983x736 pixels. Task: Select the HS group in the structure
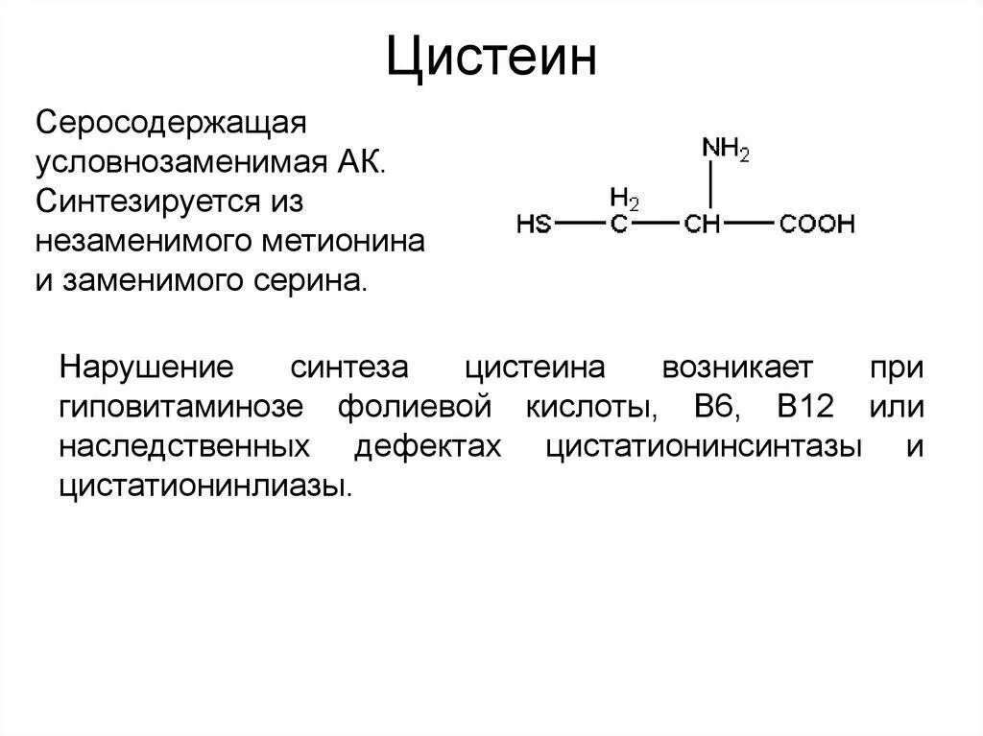(x=534, y=225)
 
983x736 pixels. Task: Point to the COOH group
(x=816, y=225)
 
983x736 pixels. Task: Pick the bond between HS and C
(x=581, y=225)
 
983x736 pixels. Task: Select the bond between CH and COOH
(x=754, y=225)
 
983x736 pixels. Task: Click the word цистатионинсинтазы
(x=702, y=447)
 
